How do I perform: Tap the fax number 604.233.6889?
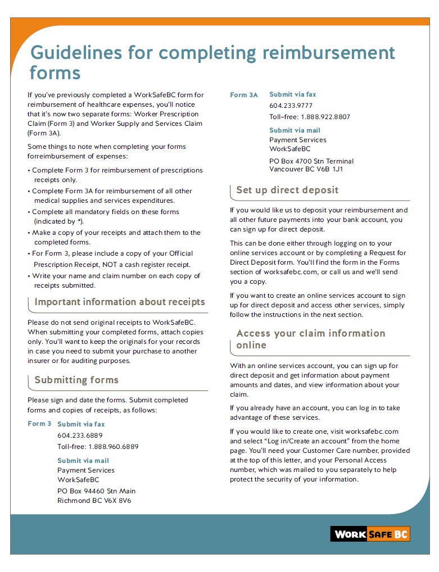pyautogui.click(x=80, y=435)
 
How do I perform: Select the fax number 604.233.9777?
pyautogui.click(x=291, y=106)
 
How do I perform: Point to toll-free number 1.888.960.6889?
pyautogui.click(x=113, y=447)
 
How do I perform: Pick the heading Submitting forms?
pyautogui.click(x=76, y=380)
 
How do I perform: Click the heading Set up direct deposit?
pyautogui.click(x=287, y=190)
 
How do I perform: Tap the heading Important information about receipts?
pyautogui.click(x=120, y=302)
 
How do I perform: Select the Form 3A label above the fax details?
pyautogui.click(x=244, y=95)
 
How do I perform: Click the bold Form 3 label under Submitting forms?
pyautogui.click(x=39, y=424)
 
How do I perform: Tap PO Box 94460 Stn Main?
pyautogui.click(x=97, y=491)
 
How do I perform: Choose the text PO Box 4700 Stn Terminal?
pyautogui.click(x=311, y=161)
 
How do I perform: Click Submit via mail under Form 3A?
pyautogui.click(x=295, y=130)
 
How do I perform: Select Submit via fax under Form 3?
pyautogui.click(x=81, y=424)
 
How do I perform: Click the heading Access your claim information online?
pyautogui.click(x=311, y=339)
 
